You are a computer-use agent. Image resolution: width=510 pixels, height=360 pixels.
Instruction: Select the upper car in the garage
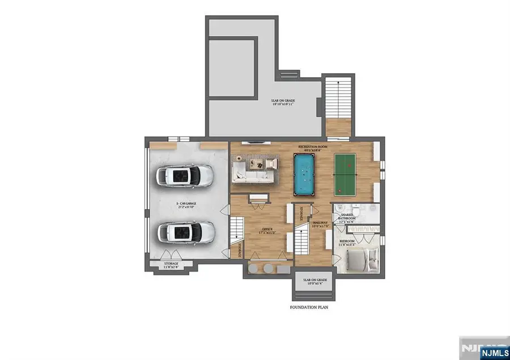[x=185, y=176]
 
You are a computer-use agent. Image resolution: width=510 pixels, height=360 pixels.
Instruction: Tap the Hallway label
[x=321, y=224]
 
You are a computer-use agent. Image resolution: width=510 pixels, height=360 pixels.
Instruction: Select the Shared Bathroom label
[x=347, y=217]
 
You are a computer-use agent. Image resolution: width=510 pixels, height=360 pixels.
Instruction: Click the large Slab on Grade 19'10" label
[x=282, y=102]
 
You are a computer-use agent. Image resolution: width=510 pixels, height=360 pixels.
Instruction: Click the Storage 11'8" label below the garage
[x=171, y=265]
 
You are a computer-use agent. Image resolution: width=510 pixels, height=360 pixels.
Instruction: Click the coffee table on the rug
[x=256, y=163]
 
